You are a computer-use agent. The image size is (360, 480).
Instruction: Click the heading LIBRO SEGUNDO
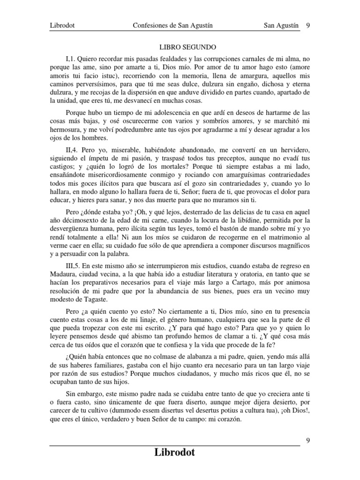coord(180,47)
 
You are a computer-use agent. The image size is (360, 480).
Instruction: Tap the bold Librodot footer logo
coord(175,452)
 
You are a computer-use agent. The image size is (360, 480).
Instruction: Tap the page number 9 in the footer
coord(307,440)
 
